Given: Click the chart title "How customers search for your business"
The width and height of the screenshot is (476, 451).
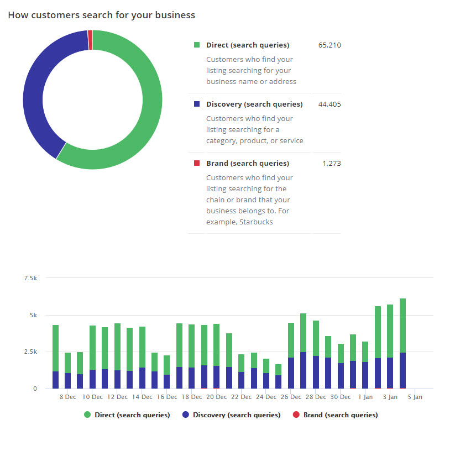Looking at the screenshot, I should pyautogui.click(x=101, y=15).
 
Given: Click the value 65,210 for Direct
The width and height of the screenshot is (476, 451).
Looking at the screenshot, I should pyautogui.click(x=329, y=45).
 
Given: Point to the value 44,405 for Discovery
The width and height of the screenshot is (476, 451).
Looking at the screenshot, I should pyautogui.click(x=329, y=104).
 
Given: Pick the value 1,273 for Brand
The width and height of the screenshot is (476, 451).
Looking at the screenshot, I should pyautogui.click(x=332, y=163).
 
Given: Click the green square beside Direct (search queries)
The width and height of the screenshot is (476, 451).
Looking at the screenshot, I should pyautogui.click(x=197, y=45).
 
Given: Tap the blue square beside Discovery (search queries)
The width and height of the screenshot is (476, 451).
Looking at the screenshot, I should pyautogui.click(x=197, y=104).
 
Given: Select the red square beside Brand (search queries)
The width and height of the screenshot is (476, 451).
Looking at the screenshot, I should pyautogui.click(x=197, y=163).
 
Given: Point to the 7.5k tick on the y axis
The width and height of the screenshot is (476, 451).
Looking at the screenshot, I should pyautogui.click(x=30, y=278).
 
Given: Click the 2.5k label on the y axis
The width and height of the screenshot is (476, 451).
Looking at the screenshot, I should pyautogui.click(x=30, y=352).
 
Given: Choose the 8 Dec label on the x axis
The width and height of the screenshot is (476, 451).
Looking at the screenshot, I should pyautogui.click(x=67, y=397).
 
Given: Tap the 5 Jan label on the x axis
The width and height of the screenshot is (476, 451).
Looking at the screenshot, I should pyautogui.click(x=415, y=397).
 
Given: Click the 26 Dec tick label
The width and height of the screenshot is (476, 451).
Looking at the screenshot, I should pyautogui.click(x=291, y=397).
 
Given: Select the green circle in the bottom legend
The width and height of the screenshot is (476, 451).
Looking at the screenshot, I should pyautogui.click(x=87, y=415).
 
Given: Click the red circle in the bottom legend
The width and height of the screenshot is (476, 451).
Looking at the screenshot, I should pyautogui.click(x=296, y=415).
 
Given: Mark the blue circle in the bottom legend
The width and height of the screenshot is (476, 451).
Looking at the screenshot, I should pyautogui.click(x=186, y=415).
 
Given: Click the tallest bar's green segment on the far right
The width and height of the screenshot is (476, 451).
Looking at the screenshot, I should pyautogui.click(x=402, y=326).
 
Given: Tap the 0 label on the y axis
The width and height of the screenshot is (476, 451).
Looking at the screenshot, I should pyautogui.click(x=34, y=389).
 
